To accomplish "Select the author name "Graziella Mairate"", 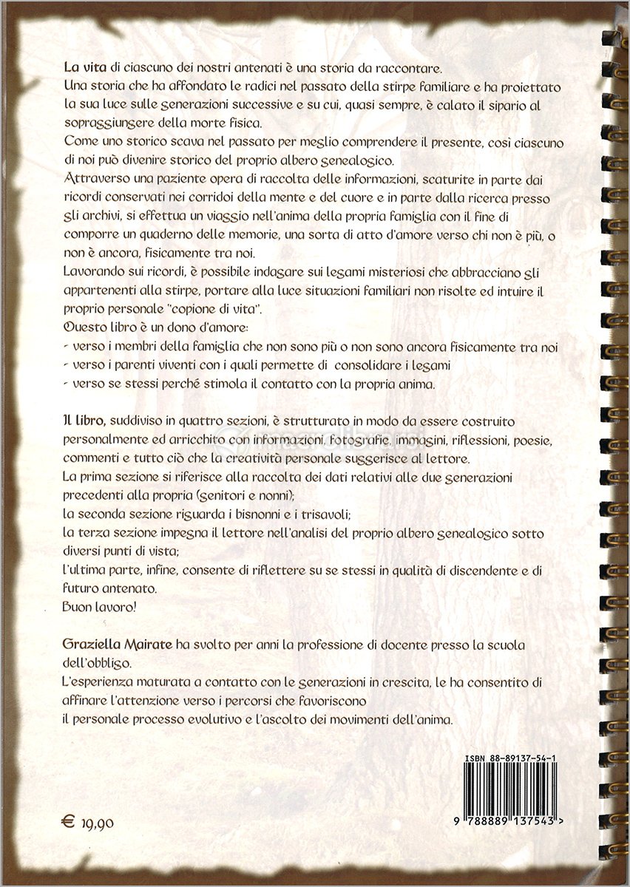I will click(118, 645).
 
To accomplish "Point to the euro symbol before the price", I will click(69, 820).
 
